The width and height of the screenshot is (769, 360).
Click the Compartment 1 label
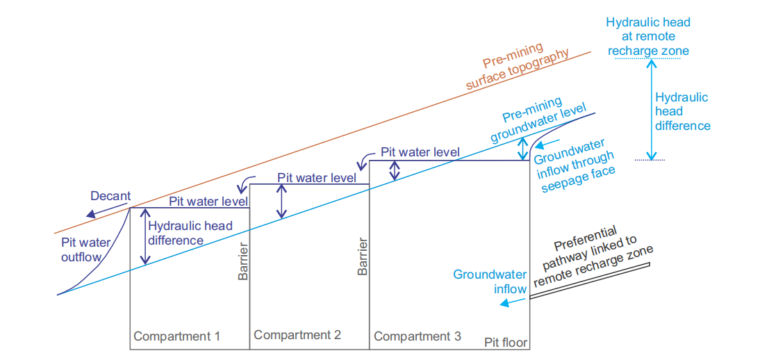176,336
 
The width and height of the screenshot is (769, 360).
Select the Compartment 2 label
297,335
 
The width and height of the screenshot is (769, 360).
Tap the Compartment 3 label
417,336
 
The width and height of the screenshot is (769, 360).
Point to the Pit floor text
506,343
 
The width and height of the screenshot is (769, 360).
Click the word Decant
110,196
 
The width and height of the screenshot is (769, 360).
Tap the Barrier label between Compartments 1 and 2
243,262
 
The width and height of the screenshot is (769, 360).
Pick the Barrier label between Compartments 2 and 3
363,257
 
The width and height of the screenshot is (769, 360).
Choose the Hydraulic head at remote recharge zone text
648,37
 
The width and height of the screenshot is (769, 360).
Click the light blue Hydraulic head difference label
683,111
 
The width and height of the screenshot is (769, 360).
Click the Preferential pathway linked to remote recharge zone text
592,263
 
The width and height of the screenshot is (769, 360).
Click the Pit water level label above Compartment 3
420,152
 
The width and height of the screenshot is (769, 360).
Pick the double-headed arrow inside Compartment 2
281,202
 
